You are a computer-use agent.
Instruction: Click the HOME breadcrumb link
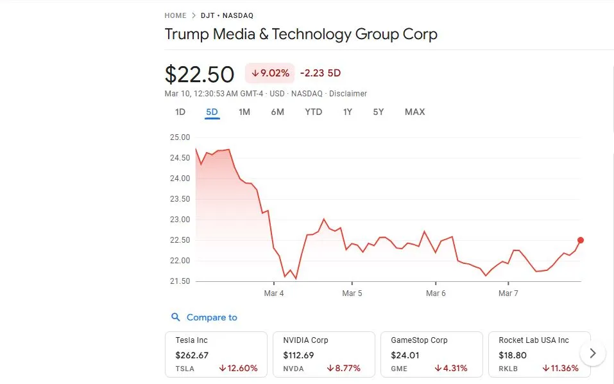[175, 15]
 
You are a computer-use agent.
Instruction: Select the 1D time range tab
[180, 112]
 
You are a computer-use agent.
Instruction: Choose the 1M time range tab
[244, 112]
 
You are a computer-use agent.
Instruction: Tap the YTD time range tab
[313, 112]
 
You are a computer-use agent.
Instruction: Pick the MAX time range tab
[414, 112]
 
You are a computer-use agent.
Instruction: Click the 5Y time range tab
[379, 112]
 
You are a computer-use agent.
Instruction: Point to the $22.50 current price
[200, 74]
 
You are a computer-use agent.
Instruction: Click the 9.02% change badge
[269, 73]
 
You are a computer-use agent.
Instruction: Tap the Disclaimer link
[348, 94]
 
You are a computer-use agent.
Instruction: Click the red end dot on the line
[581, 240]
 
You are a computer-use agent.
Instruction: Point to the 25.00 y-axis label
[180, 137]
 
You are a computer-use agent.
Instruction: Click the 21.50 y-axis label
[180, 281]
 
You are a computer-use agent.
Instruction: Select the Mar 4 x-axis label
[273, 293]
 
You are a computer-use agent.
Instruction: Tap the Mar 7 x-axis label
[508, 293]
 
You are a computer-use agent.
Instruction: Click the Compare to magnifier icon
[176, 317]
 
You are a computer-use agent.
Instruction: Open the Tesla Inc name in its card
[191, 340]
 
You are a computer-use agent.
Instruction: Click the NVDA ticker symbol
[293, 369]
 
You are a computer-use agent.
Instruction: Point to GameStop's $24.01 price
[405, 354]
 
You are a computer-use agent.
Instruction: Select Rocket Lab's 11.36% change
[560, 369]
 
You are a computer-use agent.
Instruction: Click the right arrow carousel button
[593, 353]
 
